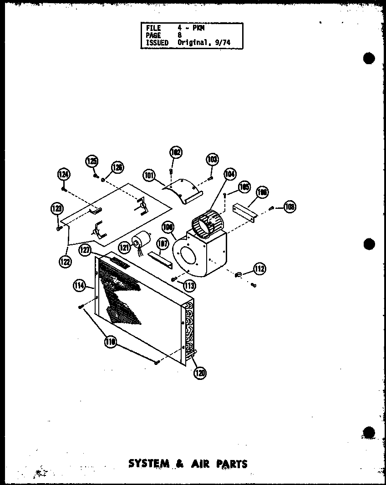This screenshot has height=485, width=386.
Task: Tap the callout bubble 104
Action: tap(230, 174)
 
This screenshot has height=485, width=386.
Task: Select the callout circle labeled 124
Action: tap(64, 174)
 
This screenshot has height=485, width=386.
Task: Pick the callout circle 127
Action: tap(84, 249)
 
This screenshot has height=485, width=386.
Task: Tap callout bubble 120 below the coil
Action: tap(199, 373)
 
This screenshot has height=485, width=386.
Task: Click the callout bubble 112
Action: tap(259, 268)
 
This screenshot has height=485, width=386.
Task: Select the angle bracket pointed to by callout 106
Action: tap(244, 211)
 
